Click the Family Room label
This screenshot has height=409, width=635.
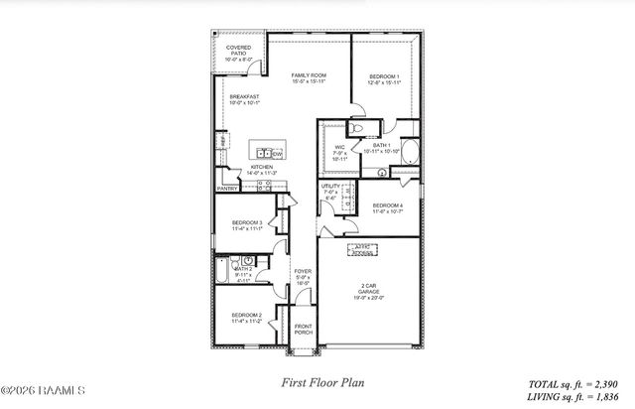[309, 77]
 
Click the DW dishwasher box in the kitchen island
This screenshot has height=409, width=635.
[278, 154]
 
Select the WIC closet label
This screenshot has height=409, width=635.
[338, 151]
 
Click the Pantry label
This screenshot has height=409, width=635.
[227, 188]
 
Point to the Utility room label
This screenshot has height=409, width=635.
[330, 191]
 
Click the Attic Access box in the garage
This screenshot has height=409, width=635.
[365, 250]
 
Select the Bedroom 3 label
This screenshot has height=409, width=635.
[247, 225]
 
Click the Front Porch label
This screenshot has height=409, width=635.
[303, 330]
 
